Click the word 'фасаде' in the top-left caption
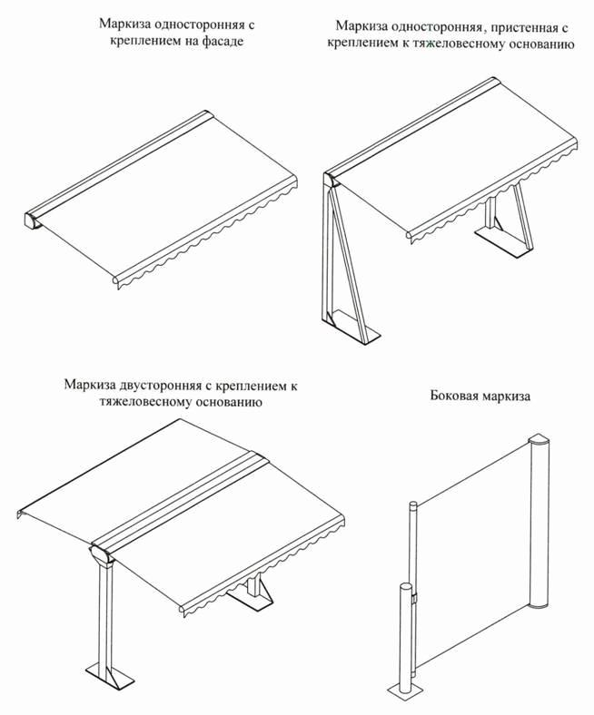pos(221,42)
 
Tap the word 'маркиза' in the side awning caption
pos(506,396)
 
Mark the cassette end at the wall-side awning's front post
pos(332,181)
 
